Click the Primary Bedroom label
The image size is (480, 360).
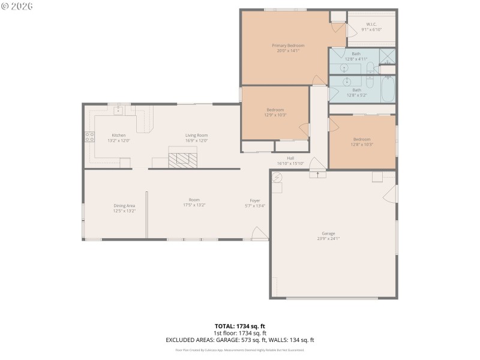coord(288,46)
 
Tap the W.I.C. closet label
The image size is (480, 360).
coord(371,25)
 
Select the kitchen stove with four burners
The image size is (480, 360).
coord(90,136)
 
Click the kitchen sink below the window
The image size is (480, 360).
coord(118,110)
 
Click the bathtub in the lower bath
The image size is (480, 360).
coord(388,90)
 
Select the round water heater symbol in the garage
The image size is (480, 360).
coord(277,178)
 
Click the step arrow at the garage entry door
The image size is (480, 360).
coord(317,175)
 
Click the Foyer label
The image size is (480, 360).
coord(255,200)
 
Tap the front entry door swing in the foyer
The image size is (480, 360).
coord(259,233)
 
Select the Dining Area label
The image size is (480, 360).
coord(124,206)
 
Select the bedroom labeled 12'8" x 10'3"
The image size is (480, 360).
coord(362,141)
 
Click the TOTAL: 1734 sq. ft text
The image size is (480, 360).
coord(240,326)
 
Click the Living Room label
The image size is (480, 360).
coord(196,136)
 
